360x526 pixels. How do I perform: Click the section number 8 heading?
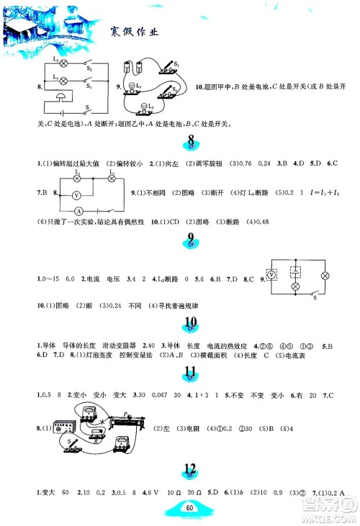point(191,140)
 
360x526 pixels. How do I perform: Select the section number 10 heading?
point(191,324)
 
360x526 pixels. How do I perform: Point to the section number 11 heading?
point(191,372)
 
